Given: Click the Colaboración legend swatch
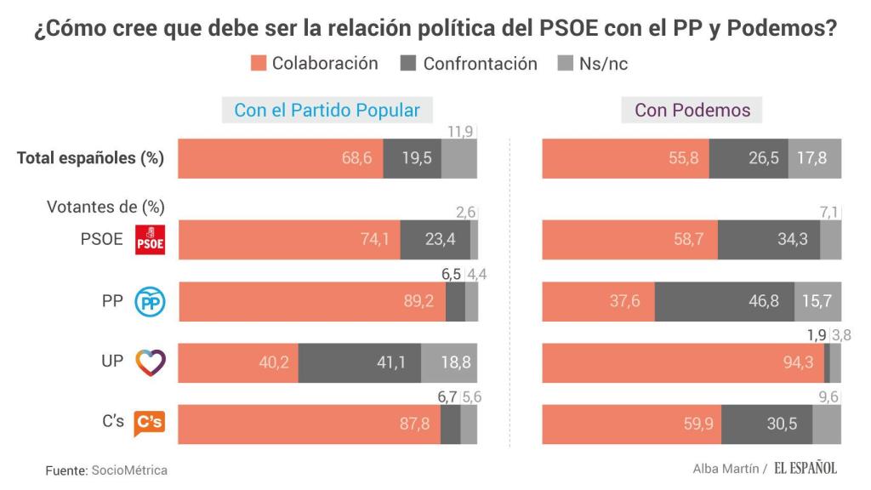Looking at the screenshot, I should (x=259, y=63).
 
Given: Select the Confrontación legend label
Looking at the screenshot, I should (x=480, y=64).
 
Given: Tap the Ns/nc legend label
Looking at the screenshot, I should (x=603, y=64).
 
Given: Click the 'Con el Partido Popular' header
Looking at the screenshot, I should (x=327, y=111).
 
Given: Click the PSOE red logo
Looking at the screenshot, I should (x=150, y=241).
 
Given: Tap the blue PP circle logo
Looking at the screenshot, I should (x=150, y=302).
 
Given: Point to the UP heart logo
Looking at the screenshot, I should (x=150, y=362).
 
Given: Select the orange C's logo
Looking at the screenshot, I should (x=150, y=423).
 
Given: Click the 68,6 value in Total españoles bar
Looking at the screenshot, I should (x=356, y=158).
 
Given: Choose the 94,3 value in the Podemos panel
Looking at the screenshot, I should (x=796, y=362).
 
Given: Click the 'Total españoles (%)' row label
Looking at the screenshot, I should (x=90, y=158).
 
